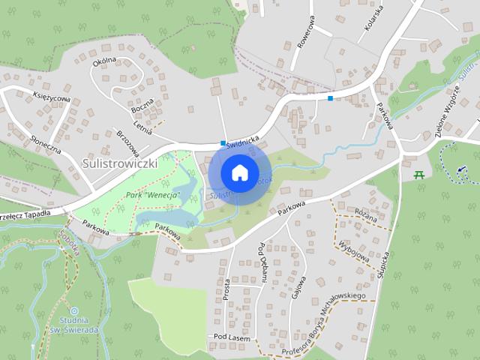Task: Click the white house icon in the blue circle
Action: [x=239, y=172]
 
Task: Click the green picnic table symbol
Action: [x=419, y=174]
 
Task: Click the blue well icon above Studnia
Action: [x=73, y=310]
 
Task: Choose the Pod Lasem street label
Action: [x=230, y=337]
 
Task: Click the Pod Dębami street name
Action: [x=263, y=262]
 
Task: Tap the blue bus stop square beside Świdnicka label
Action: [x=223, y=142]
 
